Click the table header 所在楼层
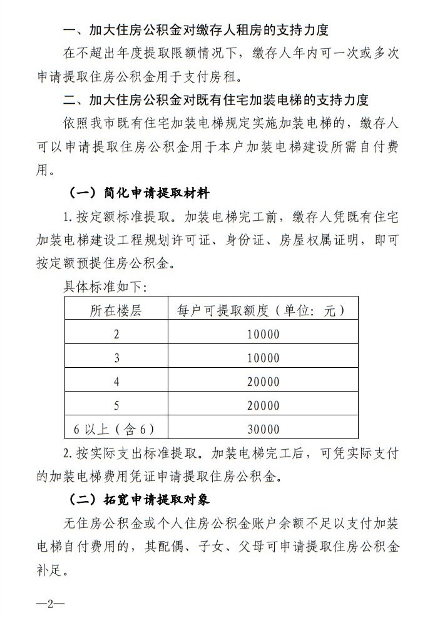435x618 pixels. (x=116, y=310)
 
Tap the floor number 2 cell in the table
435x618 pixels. (x=116, y=334)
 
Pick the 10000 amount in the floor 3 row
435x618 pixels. (x=263, y=358)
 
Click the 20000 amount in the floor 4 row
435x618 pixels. (x=263, y=382)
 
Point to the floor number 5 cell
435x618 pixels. (x=116, y=405)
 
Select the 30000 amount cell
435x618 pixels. (x=263, y=429)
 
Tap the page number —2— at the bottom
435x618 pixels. (x=51, y=604)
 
